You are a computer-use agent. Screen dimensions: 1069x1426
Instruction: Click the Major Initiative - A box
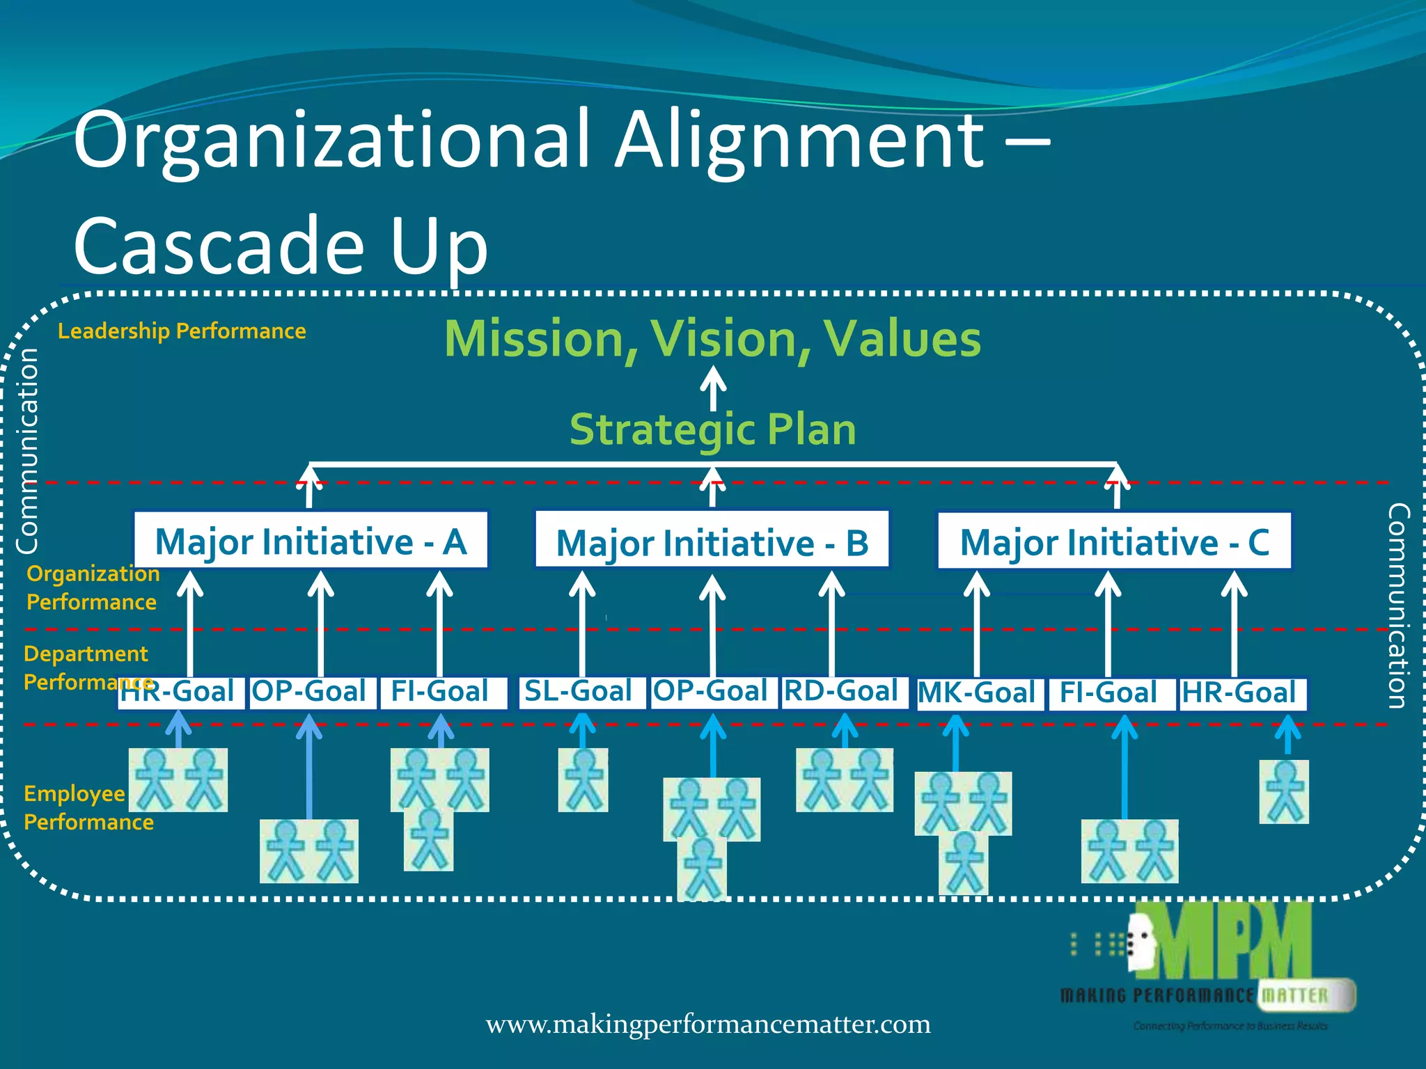(311, 541)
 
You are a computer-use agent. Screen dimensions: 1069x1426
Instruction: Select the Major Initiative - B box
(712, 541)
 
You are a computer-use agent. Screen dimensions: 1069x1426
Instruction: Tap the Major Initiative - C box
(1114, 541)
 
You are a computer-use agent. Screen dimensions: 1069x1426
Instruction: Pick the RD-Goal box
(844, 692)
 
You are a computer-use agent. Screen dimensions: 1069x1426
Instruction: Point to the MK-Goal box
(979, 694)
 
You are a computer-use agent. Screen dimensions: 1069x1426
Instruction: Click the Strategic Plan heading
(713, 429)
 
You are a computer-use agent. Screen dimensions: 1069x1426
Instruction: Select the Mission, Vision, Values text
(713, 339)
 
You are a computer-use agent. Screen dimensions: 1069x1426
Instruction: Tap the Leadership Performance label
(182, 331)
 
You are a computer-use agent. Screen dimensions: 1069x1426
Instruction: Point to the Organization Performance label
(93, 587)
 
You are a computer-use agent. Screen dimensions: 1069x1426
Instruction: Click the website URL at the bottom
(707, 1024)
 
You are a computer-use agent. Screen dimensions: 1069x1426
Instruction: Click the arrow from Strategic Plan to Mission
(713, 387)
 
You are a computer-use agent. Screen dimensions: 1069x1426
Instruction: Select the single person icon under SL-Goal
(583, 779)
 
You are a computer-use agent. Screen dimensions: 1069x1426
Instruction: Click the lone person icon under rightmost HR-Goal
(1284, 791)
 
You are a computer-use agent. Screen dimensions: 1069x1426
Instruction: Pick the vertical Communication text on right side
(1398, 605)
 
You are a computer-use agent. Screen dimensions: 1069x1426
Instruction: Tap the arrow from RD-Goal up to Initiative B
(831, 623)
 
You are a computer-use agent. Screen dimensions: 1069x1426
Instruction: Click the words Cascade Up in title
(280, 245)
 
